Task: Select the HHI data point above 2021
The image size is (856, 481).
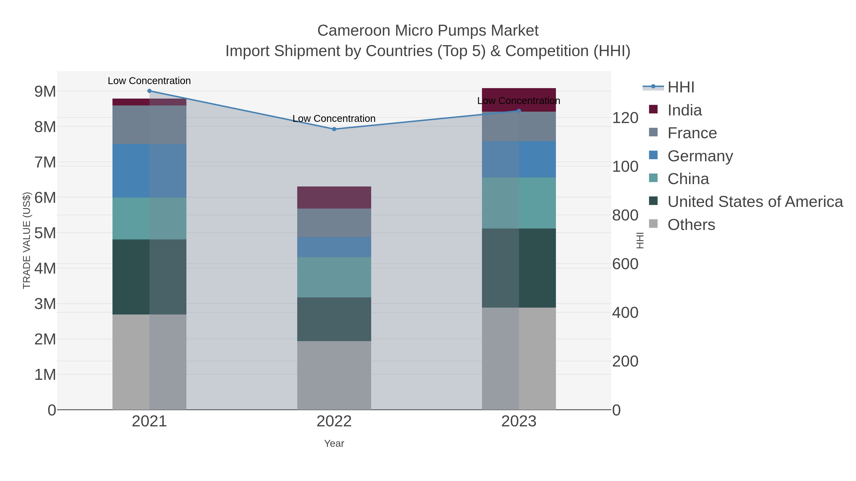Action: tap(149, 91)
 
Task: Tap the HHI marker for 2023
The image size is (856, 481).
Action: tap(519, 111)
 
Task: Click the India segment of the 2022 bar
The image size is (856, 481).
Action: tap(334, 198)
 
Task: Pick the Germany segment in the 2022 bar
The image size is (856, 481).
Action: tap(334, 247)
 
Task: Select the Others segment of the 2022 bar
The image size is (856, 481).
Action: tap(334, 375)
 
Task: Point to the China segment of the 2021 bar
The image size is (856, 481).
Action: tap(149, 219)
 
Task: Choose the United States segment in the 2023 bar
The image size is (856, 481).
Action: tap(519, 268)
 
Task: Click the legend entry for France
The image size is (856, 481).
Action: tap(692, 133)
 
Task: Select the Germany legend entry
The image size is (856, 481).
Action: tap(700, 156)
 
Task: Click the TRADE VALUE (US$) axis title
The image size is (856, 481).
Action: tap(27, 240)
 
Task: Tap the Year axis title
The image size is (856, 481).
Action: tap(334, 443)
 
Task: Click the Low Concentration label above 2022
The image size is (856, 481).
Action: tap(334, 119)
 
